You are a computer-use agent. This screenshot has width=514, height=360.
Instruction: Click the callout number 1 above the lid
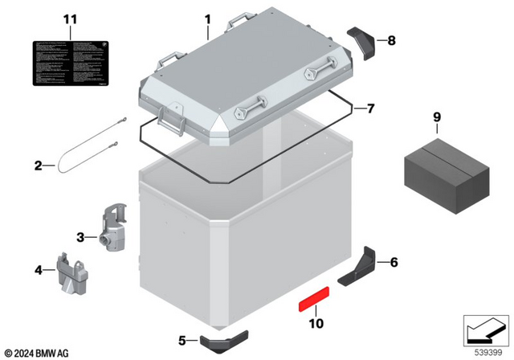click(206, 17)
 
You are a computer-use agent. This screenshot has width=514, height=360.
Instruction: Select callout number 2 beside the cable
click(38, 167)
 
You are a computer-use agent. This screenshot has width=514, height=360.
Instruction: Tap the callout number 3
click(80, 237)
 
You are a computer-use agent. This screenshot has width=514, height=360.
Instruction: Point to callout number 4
click(38, 270)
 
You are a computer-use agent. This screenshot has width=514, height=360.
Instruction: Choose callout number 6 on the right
click(393, 261)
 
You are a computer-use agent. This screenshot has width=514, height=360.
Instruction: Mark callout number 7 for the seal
click(370, 108)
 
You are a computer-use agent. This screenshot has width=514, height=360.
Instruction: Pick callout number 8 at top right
click(391, 39)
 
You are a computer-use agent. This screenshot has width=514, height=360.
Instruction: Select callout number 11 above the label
click(70, 18)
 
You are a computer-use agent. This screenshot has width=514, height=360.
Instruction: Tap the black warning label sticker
click(70, 63)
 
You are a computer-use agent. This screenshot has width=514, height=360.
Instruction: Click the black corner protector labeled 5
click(216, 342)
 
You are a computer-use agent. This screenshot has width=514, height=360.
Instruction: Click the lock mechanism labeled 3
click(113, 229)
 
